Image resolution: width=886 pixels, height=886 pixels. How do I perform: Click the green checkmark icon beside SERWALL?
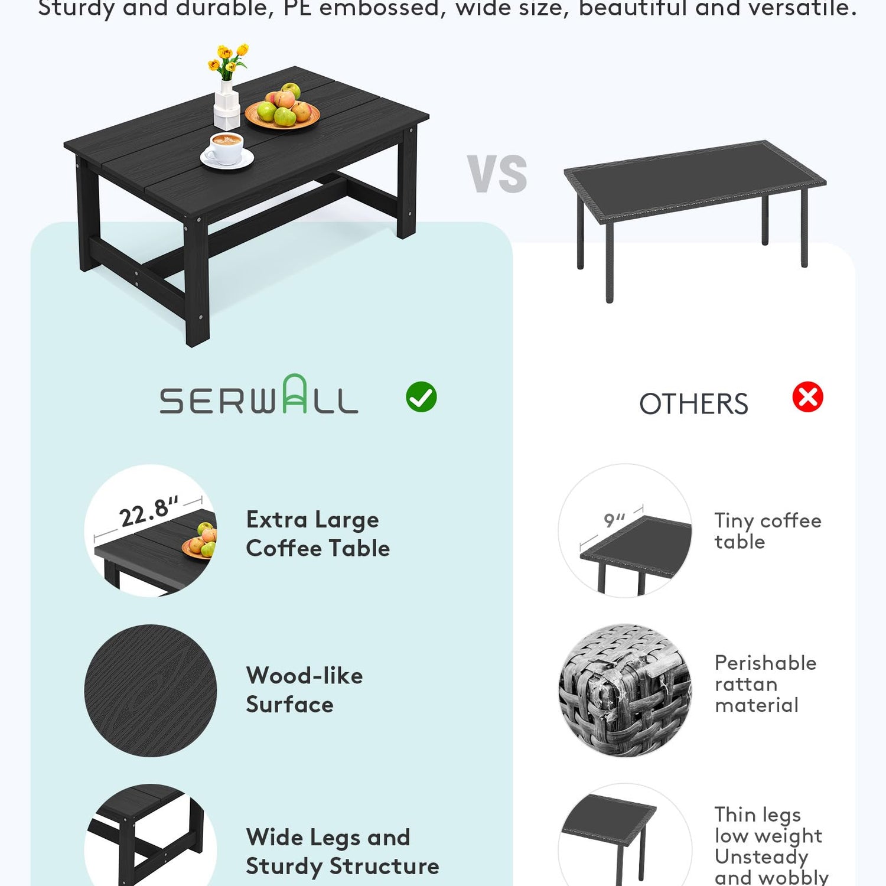pos(421,397)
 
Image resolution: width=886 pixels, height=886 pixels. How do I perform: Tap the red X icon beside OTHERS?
pos(807,397)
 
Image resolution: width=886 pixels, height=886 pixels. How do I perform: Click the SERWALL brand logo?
pos(259,394)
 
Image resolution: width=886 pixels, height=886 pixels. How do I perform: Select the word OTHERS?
pos(693,404)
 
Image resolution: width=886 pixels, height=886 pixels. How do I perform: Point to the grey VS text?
pos(497,174)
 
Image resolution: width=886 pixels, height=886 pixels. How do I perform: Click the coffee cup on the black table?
pos(227,151)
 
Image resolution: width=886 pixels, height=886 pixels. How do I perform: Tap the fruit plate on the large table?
pos(282,108)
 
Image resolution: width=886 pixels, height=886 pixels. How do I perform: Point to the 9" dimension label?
pos(614,520)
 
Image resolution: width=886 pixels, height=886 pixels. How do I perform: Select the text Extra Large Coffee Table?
pos(318,534)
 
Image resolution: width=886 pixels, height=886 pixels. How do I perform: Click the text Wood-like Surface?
pos(304,690)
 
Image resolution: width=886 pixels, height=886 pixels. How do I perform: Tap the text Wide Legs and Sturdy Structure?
pos(343,852)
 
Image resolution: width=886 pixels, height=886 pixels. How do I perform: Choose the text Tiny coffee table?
pos(768,531)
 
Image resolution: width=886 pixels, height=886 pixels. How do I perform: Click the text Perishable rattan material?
pos(766,684)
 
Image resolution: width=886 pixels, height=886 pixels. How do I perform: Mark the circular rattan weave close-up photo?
pos(625,690)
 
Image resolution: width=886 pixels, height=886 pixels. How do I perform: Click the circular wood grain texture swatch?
pos(151,690)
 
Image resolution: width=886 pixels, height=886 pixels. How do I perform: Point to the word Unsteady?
pos(761,856)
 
